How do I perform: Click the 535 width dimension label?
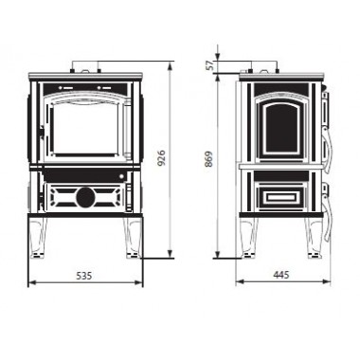pyautogui.click(x=84, y=276)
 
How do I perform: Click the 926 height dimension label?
pyautogui.click(x=161, y=158)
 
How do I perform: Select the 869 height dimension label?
pyautogui.click(x=208, y=159)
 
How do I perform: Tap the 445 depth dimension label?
pyautogui.click(x=281, y=275)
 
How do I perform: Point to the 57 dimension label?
pyautogui.click(x=211, y=65)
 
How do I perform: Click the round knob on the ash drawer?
pyautogui.click(x=85, y=197)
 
